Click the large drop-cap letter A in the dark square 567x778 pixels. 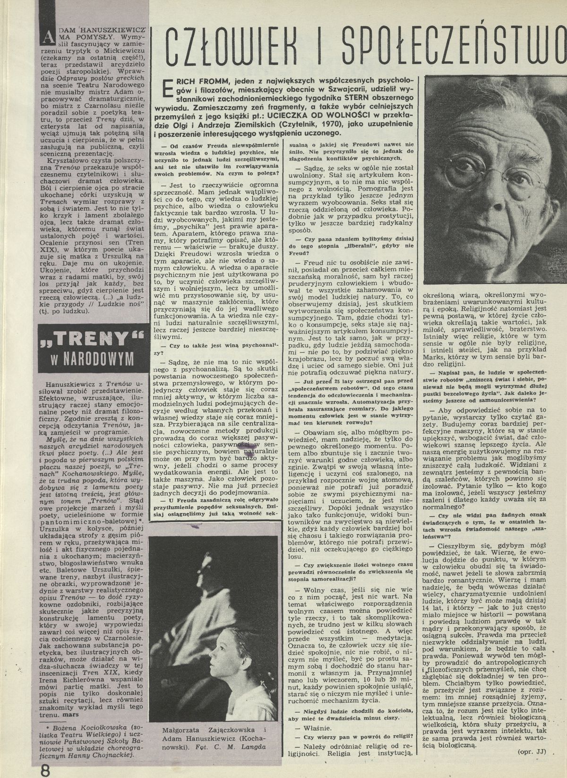[47, 35]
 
